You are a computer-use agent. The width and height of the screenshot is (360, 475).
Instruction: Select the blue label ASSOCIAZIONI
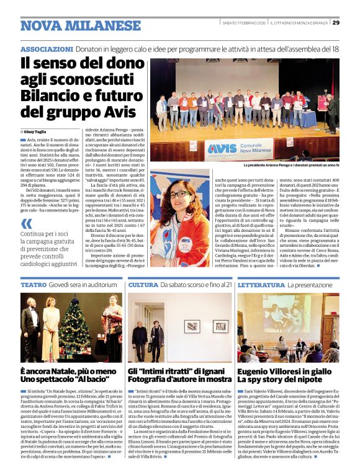point(47,48)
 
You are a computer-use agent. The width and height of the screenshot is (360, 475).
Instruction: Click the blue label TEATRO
point(34,284)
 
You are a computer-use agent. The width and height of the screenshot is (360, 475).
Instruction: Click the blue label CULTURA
point(142,284)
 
